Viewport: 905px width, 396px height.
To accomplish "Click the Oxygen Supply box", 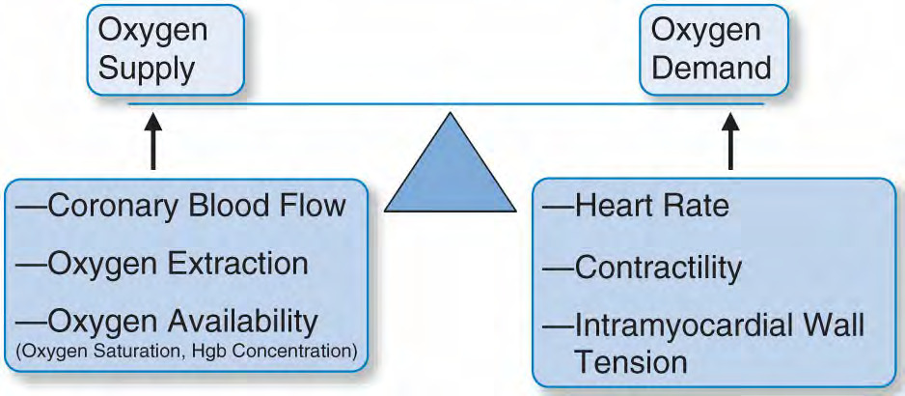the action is click(166, 49).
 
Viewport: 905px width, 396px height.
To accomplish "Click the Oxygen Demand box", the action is click(714, 49).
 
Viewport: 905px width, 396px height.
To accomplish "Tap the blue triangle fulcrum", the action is click(450, 162).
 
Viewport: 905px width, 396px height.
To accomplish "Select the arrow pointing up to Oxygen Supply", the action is click(152, 141).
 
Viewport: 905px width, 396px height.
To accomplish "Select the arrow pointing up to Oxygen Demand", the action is click(730, 141).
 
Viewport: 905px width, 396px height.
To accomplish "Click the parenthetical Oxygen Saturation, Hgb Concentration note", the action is click(186, 352).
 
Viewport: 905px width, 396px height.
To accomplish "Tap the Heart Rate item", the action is click(636, 206).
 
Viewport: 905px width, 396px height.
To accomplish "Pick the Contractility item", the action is click(642, 269).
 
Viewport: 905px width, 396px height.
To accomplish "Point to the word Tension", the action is click(630, 362).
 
